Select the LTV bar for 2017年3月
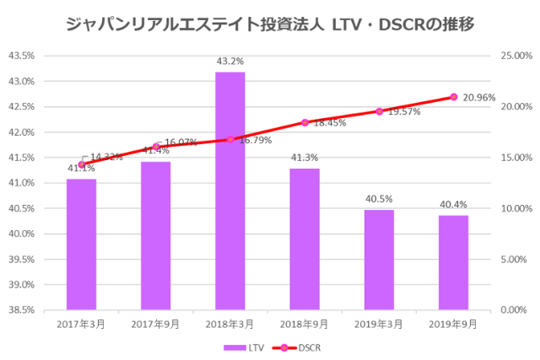[81, 244]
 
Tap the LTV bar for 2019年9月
[453, 262]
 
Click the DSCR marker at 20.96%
[453, 97]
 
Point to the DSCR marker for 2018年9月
[305, 122]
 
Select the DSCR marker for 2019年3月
[379, 111]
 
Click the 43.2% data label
[229, 62]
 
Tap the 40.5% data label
[379, 199]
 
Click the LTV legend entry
[239, 347]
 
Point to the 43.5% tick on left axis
[21, 56]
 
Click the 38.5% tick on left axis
[21, 309]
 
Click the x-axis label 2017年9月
[155, 323]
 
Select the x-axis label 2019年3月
[379, 323]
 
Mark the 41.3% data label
[305, 158]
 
